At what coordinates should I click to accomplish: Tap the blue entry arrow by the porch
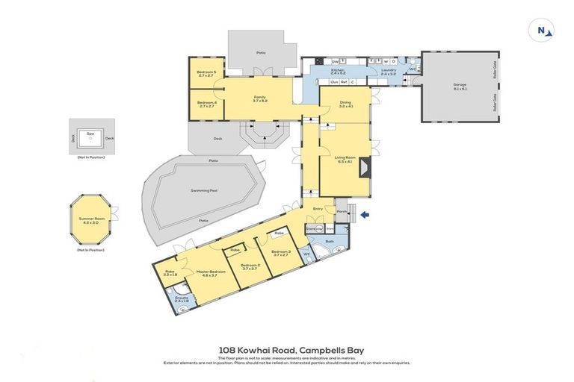tap(364, 216)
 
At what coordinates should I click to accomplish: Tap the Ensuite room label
tap(182, 298)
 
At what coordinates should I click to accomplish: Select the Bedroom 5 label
tap(206, 73)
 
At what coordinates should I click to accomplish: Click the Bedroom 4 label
tap(206, 104)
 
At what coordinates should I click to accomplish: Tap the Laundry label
tap(388, 72)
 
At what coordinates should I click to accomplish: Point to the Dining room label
tap(345, 105)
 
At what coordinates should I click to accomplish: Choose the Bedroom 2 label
tap(250, 266)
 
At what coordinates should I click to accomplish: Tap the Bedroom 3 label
tap(280, 253)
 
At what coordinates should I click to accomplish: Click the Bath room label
tap(330, 242)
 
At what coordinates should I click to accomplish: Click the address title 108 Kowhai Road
tap(286, 349)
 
